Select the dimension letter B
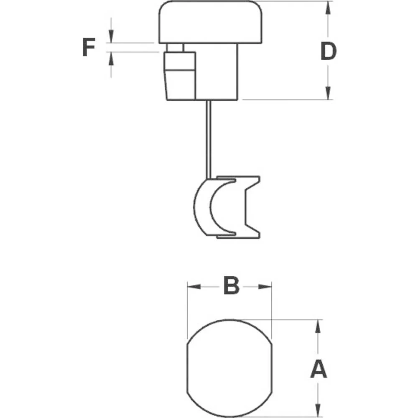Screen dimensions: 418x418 pyautogui.click(x=231, y=286)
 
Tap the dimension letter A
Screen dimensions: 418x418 pyautogui.click(x=319, y=370)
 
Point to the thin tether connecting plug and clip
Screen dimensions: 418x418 pyautogui.click(x=208, y=138)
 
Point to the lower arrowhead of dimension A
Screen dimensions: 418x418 pyautogui.click(x=319, y=410)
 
